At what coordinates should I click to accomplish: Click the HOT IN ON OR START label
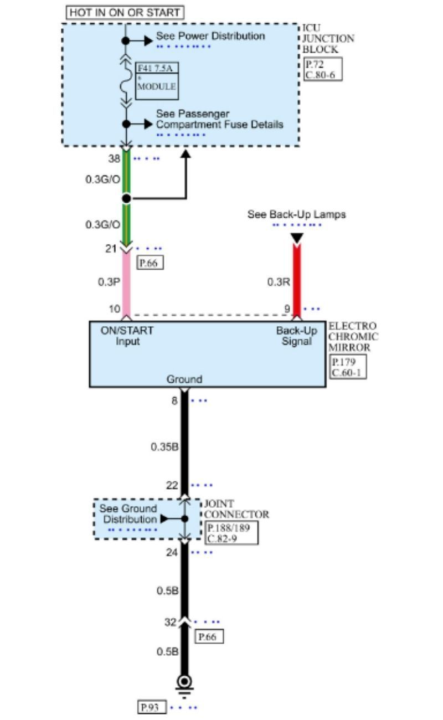point(125,12)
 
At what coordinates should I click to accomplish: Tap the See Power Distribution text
point(210,36)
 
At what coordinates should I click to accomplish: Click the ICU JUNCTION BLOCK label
point(328,39)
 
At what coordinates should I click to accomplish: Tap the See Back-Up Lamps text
point(296,214)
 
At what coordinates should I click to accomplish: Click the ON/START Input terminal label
point(127,336)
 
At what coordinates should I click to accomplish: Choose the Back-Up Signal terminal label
point(297,336)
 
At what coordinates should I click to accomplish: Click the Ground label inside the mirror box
point(184,379)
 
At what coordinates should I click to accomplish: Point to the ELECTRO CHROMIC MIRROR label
point(353,336)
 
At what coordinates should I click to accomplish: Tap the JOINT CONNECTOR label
point(236,510)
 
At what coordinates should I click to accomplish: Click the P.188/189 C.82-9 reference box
point(231,533)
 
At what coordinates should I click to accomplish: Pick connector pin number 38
point(114,158)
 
